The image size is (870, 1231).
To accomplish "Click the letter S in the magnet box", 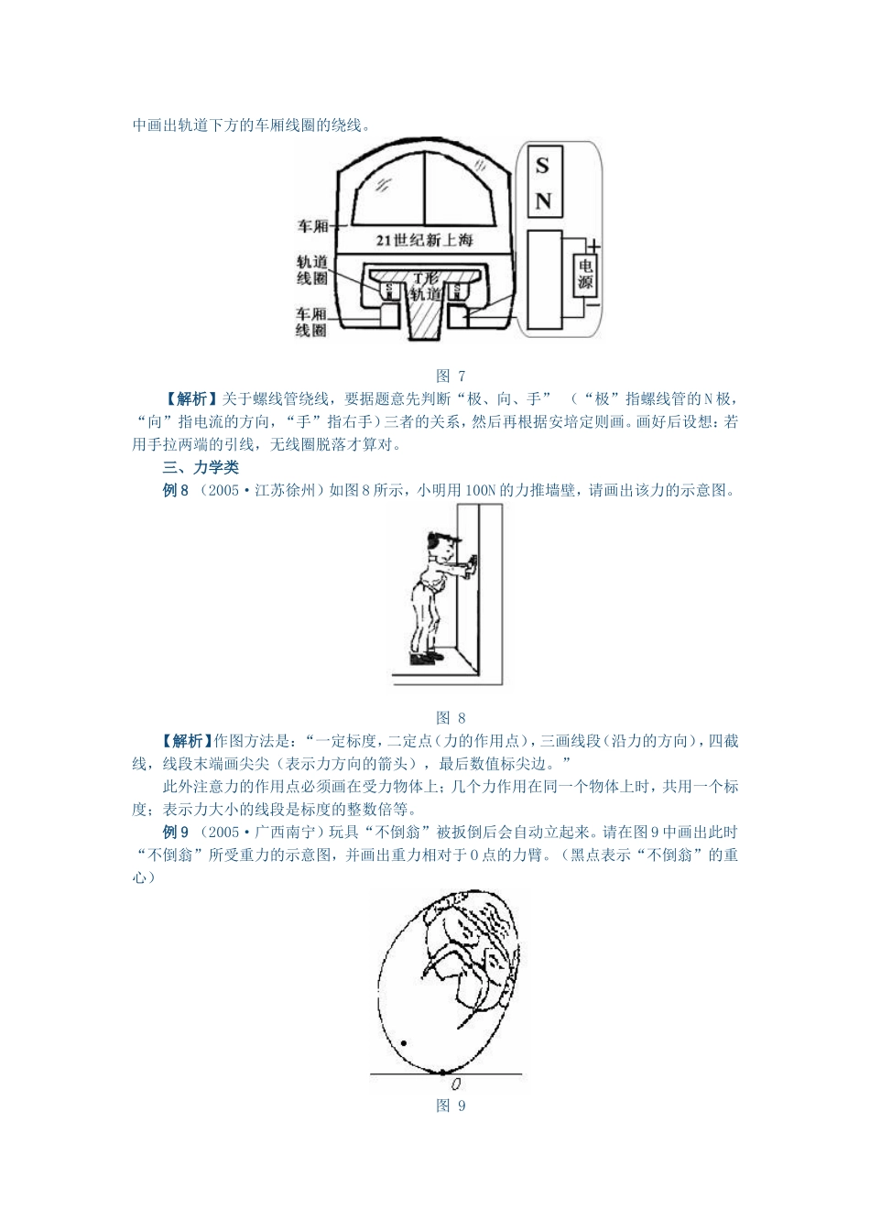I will (x=543, y=166).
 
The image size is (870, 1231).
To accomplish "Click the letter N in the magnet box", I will (x=543, y=201).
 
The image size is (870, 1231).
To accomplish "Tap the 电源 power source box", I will (x=584, y=274).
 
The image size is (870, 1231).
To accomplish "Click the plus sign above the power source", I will (x=593, y=245).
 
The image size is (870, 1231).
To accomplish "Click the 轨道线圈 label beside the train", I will (x=312, y=269).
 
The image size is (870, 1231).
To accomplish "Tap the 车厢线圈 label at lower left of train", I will (x=311, y=321).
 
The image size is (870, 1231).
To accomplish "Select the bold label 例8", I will (x=176, y=490).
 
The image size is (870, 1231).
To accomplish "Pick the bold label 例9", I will (x=176, y=833).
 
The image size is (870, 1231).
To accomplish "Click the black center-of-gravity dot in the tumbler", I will (x=404, y=1043).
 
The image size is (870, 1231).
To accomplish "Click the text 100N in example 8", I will (x=480, y=490).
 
